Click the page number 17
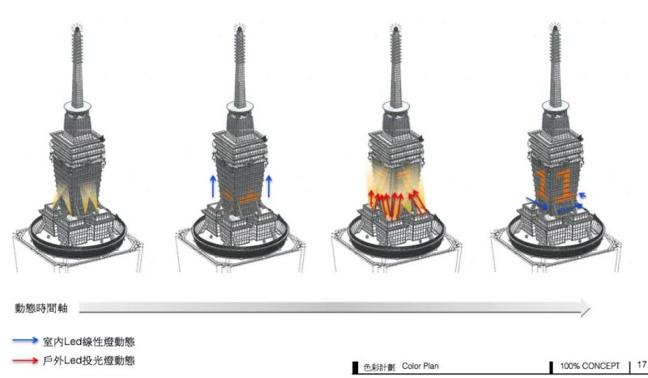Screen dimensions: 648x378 642,365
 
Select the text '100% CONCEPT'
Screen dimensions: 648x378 590,366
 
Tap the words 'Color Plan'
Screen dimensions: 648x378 420,366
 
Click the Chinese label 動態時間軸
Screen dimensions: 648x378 41,308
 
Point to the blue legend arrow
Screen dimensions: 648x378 25,341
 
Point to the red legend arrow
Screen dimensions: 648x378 25,361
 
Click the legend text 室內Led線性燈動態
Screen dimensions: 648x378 89,342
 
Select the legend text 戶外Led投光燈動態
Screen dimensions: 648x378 89,361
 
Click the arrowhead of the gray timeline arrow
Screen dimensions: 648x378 585,308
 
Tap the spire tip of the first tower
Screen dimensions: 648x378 76,27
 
